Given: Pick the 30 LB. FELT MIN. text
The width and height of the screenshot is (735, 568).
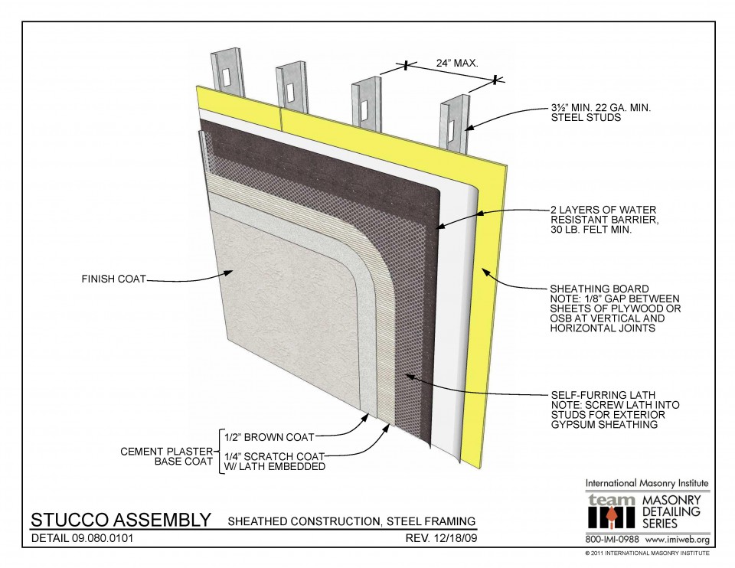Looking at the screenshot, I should pyautogui.click(x=591, y=230).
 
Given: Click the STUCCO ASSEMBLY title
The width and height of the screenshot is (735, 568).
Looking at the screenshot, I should pyautogui.click(x=120, y=521).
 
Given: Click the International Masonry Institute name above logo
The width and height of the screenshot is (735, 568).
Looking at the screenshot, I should pyautogui.click(x=647, y=484).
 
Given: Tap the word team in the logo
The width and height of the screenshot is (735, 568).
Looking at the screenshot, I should pyautogui.click(x=610, y=500).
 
